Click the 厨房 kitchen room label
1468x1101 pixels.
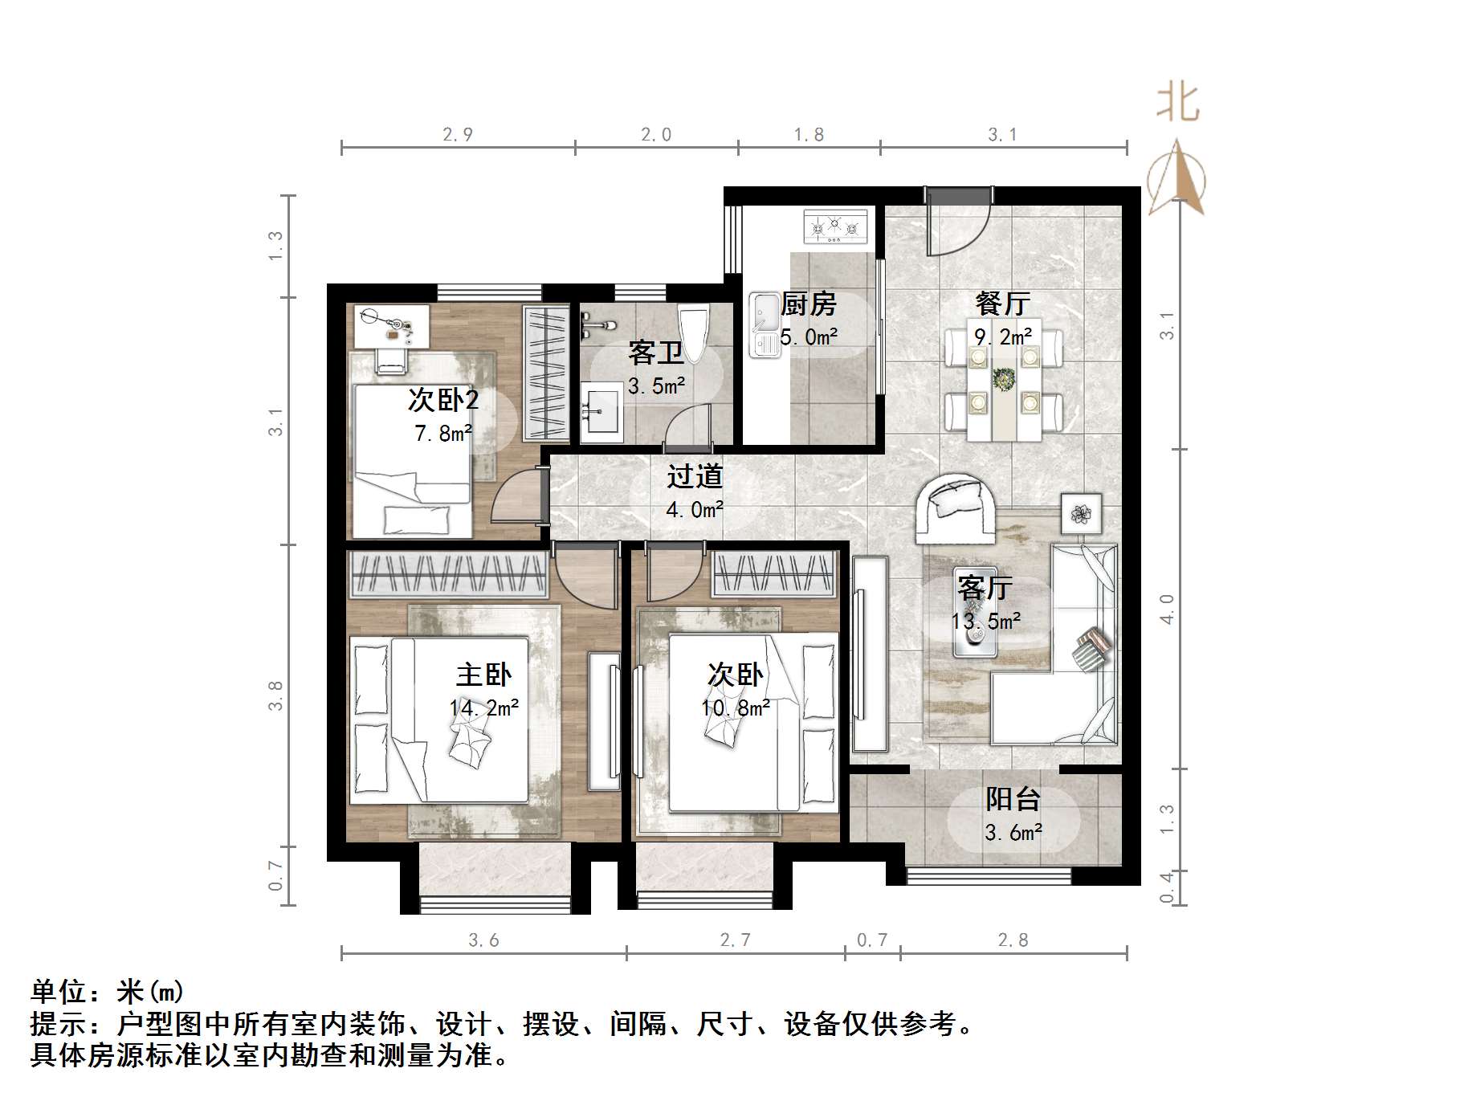point(809,304)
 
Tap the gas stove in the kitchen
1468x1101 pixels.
point(836,226)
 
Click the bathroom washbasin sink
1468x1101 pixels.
point(601,412)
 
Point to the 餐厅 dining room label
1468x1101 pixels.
point(1003,304)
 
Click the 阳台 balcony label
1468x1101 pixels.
point(1013,799)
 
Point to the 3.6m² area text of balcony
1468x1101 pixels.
point(1013,833)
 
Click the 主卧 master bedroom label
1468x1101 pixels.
point(483,675)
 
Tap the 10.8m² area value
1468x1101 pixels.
point(736,708)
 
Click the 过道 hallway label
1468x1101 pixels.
point(695,476)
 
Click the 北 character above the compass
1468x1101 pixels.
point(1178,104)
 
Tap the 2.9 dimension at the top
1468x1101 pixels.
point(457,135)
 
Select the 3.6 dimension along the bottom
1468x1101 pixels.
point(483,940)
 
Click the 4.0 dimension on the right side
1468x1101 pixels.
point(1167,609)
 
